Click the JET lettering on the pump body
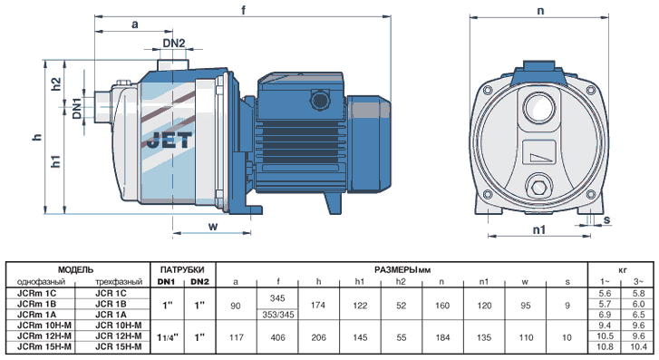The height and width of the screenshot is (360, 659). coord(170,141)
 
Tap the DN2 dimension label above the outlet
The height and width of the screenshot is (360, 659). coord(173,43)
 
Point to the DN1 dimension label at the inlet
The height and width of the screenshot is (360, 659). coord(76,108)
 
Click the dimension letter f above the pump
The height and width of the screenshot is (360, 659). coord(244,10)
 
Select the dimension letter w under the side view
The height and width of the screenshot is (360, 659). coord(214,227)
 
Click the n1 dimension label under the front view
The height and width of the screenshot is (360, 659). coord(539,229)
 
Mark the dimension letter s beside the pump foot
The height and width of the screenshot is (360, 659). coord(607,220)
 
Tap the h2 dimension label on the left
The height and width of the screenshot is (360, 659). coord(56,84)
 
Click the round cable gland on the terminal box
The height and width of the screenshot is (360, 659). coord(320,101)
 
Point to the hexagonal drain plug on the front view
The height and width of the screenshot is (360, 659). coord(538,186)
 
